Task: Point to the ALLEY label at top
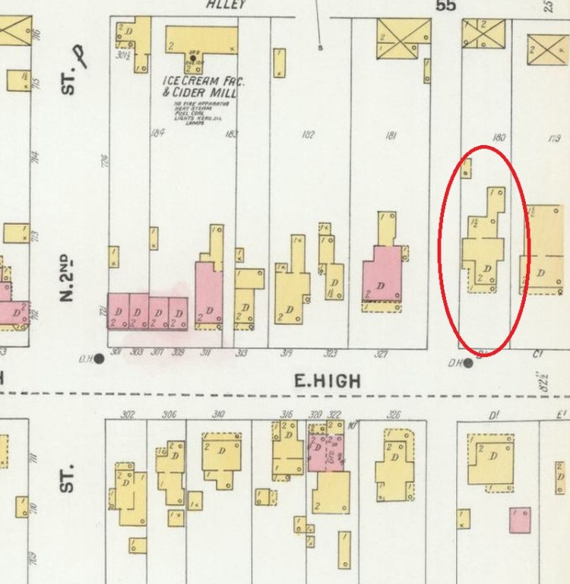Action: point(226,5)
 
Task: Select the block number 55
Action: point(445,6)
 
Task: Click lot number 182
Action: point(308,135)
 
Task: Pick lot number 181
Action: point(391,136)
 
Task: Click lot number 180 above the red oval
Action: point(499,138)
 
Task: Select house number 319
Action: point(287,353)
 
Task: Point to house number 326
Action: point(393,415)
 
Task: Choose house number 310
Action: point(218,415)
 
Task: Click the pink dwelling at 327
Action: point(382,275)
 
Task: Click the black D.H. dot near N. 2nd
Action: point(99,358)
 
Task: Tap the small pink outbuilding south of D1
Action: point(520,519)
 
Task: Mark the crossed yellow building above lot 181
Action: point(404,36)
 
